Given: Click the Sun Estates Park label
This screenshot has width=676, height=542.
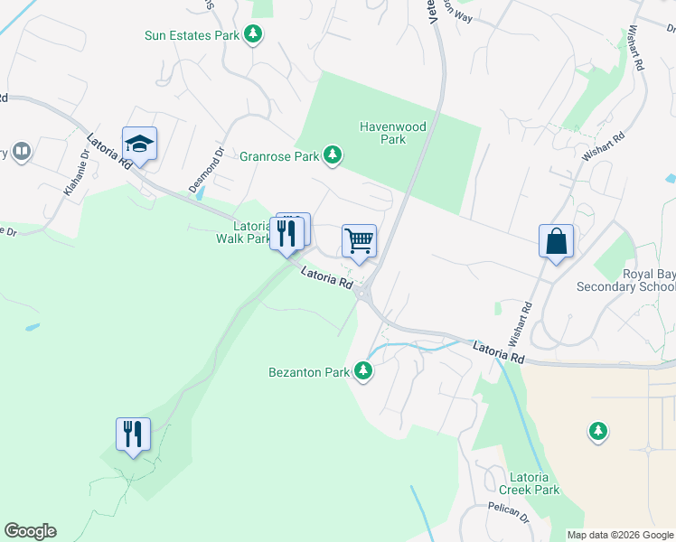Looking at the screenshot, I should (x=192, y=36).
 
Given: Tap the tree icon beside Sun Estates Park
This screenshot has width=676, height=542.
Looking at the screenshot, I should (x=255, y=35).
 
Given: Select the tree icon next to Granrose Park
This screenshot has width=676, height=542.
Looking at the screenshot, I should (x=333, y=156).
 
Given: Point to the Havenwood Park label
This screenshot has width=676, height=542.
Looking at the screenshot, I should (x=392, y=134).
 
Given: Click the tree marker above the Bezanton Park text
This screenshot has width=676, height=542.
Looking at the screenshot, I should (x=363, y=371).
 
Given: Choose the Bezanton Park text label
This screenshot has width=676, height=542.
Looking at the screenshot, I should (x=308, y=372).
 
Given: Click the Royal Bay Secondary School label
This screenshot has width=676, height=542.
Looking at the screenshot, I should (x=636, y=280).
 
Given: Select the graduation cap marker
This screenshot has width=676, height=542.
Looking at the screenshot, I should (x=140, y=143).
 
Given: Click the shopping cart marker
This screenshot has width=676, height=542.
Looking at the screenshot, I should (x=359, y=241).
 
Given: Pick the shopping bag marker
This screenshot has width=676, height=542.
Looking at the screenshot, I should (x=556, y=241).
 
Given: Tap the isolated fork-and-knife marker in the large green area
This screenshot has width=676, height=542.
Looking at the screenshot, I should (x=133, y=435).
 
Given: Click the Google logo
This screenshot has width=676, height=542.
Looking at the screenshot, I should (x=30, y=531).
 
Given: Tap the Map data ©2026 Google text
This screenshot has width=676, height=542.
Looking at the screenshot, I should (x=620, y=535).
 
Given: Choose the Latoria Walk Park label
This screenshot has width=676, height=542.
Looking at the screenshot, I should (x=243, y=232).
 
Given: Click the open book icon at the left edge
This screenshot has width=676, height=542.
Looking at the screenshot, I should (x=22, y=152).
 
